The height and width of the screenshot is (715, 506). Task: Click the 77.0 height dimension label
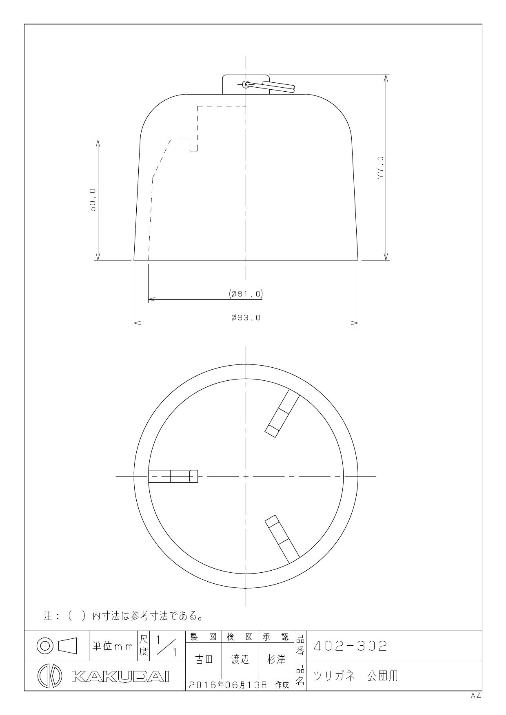pyautogui.click(x=380, y=167)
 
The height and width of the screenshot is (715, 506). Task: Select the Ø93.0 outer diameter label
pyautogui.click(x=246, y=318)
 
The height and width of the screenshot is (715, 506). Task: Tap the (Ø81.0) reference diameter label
pyautogui.click(x=246, y=294)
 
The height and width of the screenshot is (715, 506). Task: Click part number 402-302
pyautogui.click(x=350, y=646)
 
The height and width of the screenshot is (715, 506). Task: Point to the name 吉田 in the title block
pyautogui.click(x=203, y=660)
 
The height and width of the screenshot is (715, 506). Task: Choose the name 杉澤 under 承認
pyautogui.click(x=276, y=660)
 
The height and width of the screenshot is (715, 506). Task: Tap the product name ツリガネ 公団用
pyautogui.click(x=355, y=676)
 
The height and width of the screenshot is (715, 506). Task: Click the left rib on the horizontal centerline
pyautogui.click(x=173, y=476)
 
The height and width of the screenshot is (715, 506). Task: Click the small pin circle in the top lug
pyautogui.click(x=246, y=84)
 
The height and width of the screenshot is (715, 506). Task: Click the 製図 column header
pyautogui.click(x=203, y=636)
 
